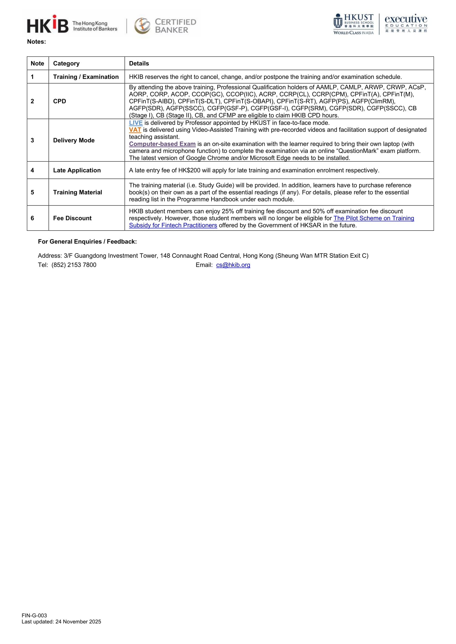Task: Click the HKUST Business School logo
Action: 354,24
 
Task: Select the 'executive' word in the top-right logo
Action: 406,19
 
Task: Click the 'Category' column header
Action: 66,63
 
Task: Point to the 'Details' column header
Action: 139,63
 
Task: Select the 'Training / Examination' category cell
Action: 86,77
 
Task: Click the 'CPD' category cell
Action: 59,101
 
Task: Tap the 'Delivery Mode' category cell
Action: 74,140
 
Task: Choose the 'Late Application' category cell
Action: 77,170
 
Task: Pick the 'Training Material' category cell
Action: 77,192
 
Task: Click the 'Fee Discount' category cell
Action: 72,218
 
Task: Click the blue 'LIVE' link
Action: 136,123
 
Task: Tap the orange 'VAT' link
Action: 135,130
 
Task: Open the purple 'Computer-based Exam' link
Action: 162,144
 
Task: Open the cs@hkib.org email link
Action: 233,265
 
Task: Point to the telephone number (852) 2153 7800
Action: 74,265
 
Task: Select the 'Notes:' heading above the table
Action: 37,42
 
